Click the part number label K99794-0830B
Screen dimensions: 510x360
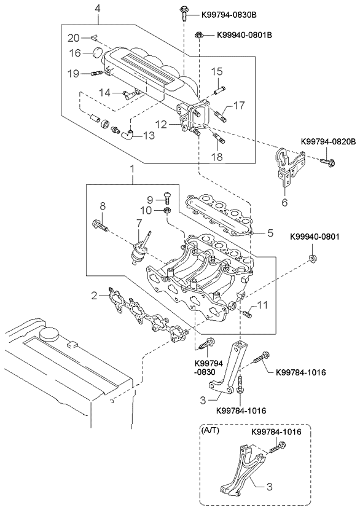click(x=219, y=14)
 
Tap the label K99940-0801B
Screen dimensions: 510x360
click(x=244, y=35)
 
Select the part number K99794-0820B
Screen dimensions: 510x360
click(x=328, y=142)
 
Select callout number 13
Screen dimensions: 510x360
click(x=150, y=135)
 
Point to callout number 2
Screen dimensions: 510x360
click(x=94, y=296)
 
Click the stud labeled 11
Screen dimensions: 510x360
click(x=247, y=314)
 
